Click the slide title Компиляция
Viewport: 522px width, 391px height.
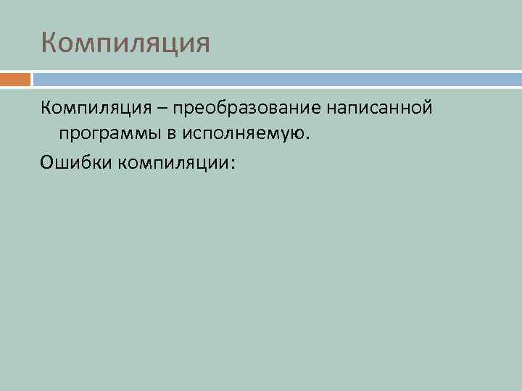[125, 43]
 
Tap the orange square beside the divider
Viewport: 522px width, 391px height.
[15, 79]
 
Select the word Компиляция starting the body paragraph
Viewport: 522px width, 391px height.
[95, 109]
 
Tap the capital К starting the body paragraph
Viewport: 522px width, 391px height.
[46, 109]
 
